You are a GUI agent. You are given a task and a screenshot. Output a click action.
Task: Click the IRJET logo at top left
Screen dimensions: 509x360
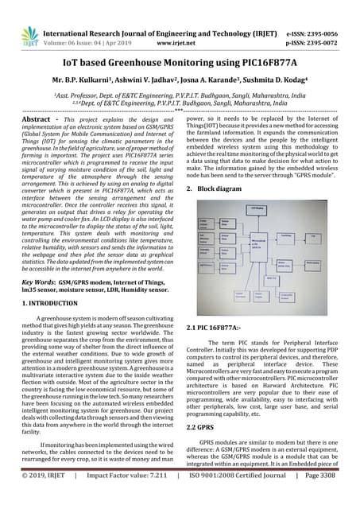tap(26, 17)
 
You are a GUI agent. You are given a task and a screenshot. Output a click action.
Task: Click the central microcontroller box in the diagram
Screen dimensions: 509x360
tap(259, 243)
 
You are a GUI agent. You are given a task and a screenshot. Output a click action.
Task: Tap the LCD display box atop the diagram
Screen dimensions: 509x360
tap(257, 207)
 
